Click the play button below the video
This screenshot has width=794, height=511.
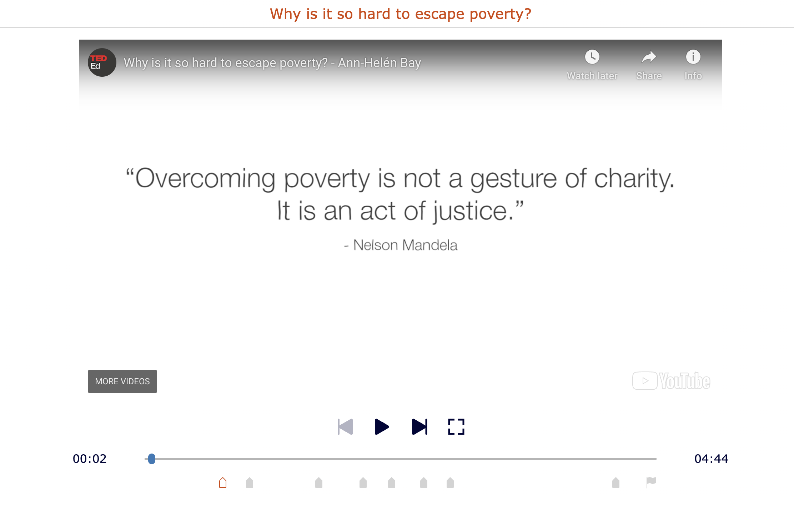point(382,427)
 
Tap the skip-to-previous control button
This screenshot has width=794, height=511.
point(345,427)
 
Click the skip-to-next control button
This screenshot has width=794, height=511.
point(419,427)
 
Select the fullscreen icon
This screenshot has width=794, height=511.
point(456,427)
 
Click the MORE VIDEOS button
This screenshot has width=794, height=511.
point(122,381)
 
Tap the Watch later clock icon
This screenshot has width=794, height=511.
point(592,57)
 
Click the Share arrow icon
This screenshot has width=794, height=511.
point(649,57)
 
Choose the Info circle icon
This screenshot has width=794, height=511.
point(693,57)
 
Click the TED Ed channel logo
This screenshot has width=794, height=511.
point(102,62)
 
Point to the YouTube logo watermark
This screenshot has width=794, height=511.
point(671,381)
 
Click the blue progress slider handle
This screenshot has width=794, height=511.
point(152,459)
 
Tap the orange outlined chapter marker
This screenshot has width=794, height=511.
point(223,483)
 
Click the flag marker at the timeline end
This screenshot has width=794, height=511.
point(651,482)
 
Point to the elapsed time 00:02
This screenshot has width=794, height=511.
point(90,459)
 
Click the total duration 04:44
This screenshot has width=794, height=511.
point(711,459)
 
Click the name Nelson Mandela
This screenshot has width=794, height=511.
point(405,246)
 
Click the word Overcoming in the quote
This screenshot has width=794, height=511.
point(205,178)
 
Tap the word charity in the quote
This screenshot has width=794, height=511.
point(634,178)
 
